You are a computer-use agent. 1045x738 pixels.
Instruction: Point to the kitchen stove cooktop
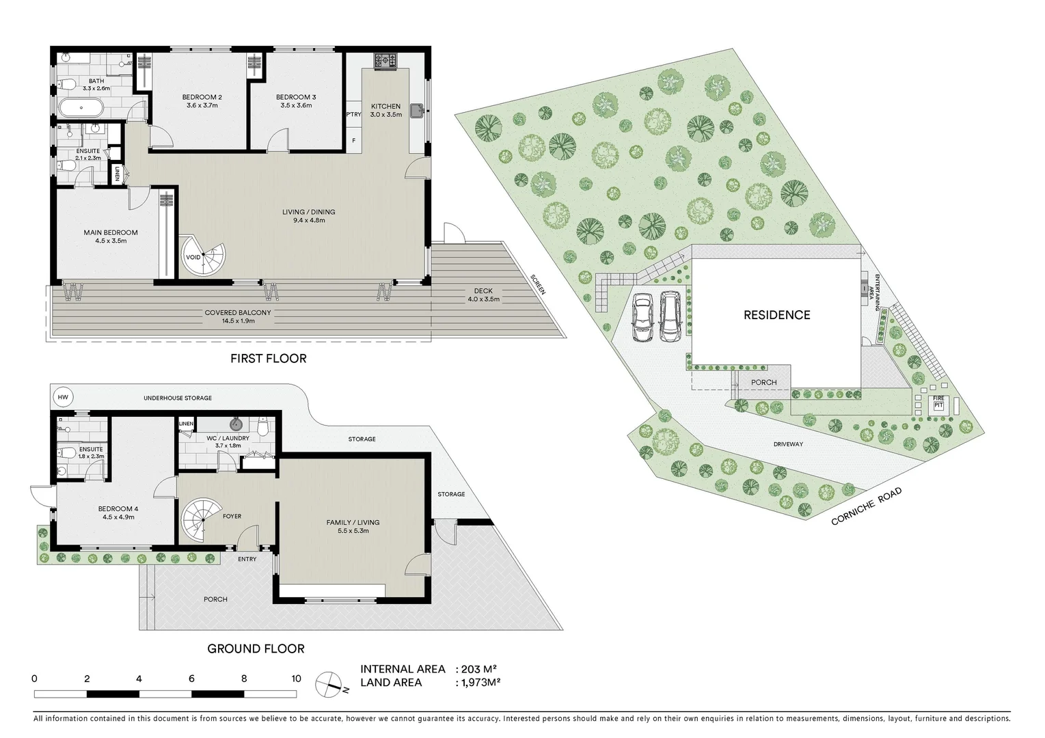(385, 61)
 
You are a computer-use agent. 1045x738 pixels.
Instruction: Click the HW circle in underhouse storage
(63, 397)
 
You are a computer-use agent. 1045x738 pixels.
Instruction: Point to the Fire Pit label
(938, 401)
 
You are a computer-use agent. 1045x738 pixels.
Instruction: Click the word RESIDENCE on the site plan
(776, 315)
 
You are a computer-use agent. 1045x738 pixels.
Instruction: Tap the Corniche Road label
(866, 506)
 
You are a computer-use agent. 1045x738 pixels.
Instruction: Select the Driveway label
(788, 444)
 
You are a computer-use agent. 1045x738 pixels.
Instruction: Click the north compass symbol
(329, 683)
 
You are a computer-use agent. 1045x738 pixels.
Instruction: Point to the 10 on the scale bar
(296, 679)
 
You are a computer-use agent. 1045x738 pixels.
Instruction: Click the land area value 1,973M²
(481, 682)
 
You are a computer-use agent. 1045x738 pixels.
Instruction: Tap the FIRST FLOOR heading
(268, 358)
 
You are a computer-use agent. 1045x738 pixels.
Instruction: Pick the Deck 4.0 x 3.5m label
(483, 295)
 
